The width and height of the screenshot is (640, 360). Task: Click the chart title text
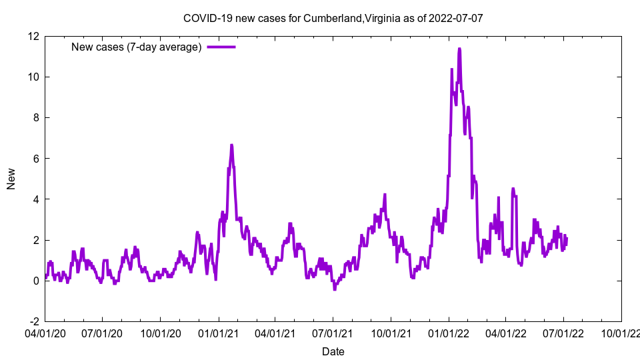[x=333, y=18]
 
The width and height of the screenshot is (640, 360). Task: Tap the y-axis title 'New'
[x=11, y=178]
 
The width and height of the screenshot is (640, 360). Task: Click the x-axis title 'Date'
[x=333, y=351]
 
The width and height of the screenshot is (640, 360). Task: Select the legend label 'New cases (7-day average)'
[x=137, y=47]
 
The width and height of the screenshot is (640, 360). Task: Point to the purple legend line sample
[x=221, y=47]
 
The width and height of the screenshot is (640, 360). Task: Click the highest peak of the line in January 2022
[x=459, y=49]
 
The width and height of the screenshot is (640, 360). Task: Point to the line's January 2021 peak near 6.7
[x=231, y=145]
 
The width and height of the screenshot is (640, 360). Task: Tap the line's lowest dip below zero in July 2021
[x=335, y=289]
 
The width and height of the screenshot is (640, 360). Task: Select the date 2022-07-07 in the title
[x=457, y=18]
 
